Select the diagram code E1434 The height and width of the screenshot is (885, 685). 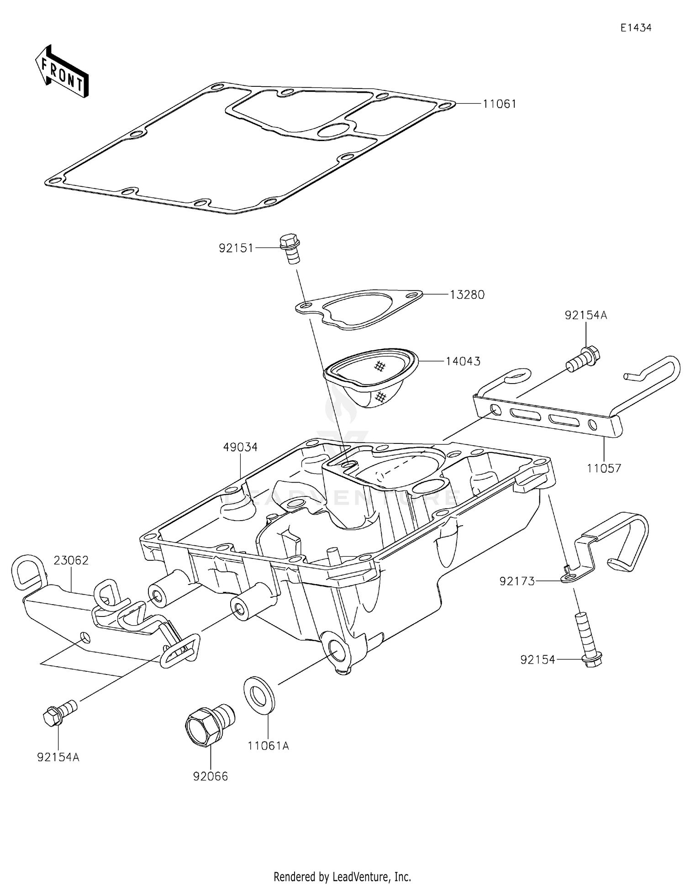(636, 28)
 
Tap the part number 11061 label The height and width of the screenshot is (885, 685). (500, 104)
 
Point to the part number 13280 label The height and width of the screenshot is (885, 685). (467, 295)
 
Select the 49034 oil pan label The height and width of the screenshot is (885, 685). (240, 447)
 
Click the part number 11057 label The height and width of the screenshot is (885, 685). (604, 468)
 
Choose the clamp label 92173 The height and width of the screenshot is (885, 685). (517, 581)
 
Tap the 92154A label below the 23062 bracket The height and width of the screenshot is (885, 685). (58, 758)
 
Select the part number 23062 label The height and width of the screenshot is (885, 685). (71, 560)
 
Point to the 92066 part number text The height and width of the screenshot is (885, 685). (210, 776)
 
